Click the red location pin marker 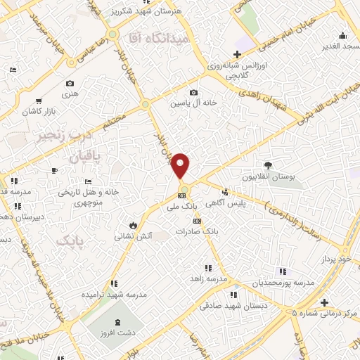click(x=181, y=165)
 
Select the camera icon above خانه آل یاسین click(x=193, y=92)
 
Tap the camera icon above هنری click(x=70, y=83)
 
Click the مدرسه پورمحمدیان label click(x=282, y=281)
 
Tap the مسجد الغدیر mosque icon click(x=342, y=36)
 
